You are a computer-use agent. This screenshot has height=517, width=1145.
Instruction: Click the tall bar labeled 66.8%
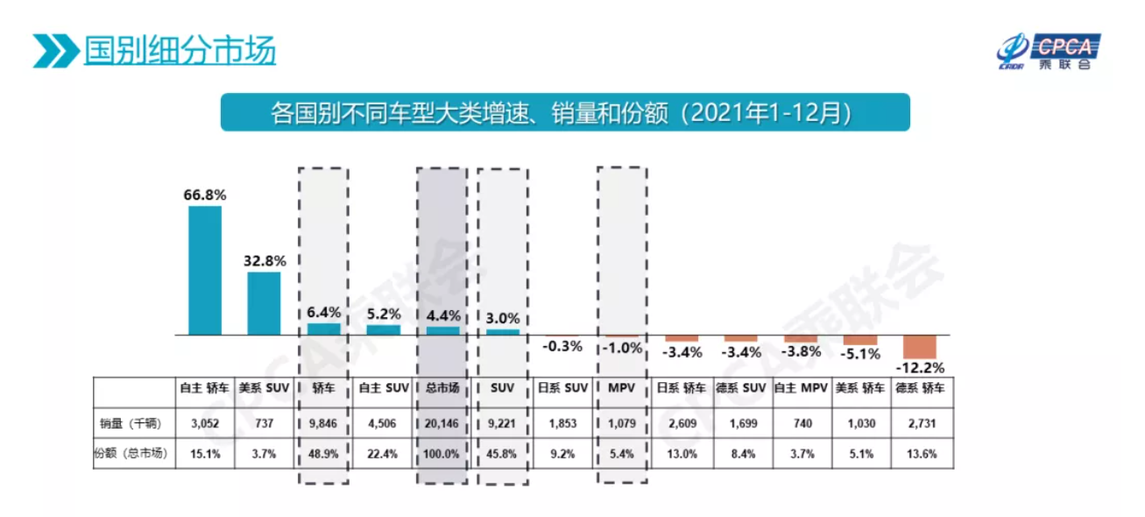tap(205, 270)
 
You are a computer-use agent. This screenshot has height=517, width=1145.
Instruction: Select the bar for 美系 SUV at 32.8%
tap(264, 303)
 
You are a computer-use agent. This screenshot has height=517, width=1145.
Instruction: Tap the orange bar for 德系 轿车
tap(920, 345)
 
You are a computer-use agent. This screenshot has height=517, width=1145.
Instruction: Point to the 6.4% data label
tap(323, 313)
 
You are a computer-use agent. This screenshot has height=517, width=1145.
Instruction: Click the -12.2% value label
tap(919, 368)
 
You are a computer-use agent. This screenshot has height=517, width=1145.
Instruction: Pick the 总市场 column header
tap(442, 388)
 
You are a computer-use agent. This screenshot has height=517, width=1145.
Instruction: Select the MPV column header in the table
tap(621, 388)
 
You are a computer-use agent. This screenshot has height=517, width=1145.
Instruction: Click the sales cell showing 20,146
tap(442, 423)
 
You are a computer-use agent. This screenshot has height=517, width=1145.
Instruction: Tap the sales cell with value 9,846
tap(323, 423)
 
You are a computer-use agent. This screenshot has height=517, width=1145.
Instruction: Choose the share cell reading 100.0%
tap(442, 454)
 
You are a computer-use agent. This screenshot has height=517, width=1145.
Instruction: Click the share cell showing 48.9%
tap(323, 454)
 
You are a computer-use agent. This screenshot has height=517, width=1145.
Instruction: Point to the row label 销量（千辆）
tap(131, 423)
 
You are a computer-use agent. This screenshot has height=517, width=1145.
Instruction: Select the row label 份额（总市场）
tap(131, 454)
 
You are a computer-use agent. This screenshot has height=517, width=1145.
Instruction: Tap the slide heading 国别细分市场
tap(180, 51)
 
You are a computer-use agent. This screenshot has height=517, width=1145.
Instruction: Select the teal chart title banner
tap(565, 112)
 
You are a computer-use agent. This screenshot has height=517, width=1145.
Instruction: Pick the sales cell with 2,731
tap(920, 423)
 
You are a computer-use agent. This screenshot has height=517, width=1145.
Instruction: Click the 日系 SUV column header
tap(562, 388)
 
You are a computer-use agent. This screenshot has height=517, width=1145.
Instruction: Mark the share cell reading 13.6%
tap(920, 454)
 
